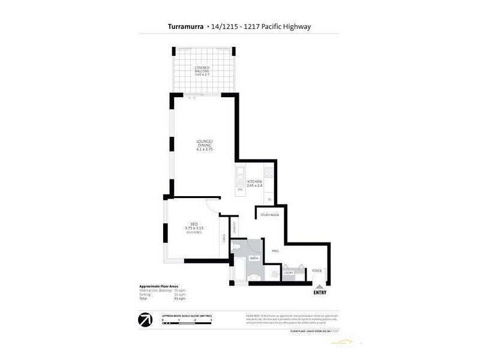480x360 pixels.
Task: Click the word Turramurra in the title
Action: [183, 26]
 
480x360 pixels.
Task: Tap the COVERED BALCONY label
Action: [200, 70]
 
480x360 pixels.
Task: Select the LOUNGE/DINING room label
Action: [205, 146]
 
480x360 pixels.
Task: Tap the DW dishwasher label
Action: [239, 190]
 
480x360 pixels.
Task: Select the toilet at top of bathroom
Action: [239, 247]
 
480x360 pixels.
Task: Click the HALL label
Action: [276, 251]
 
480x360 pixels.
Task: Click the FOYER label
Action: [316, 271]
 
